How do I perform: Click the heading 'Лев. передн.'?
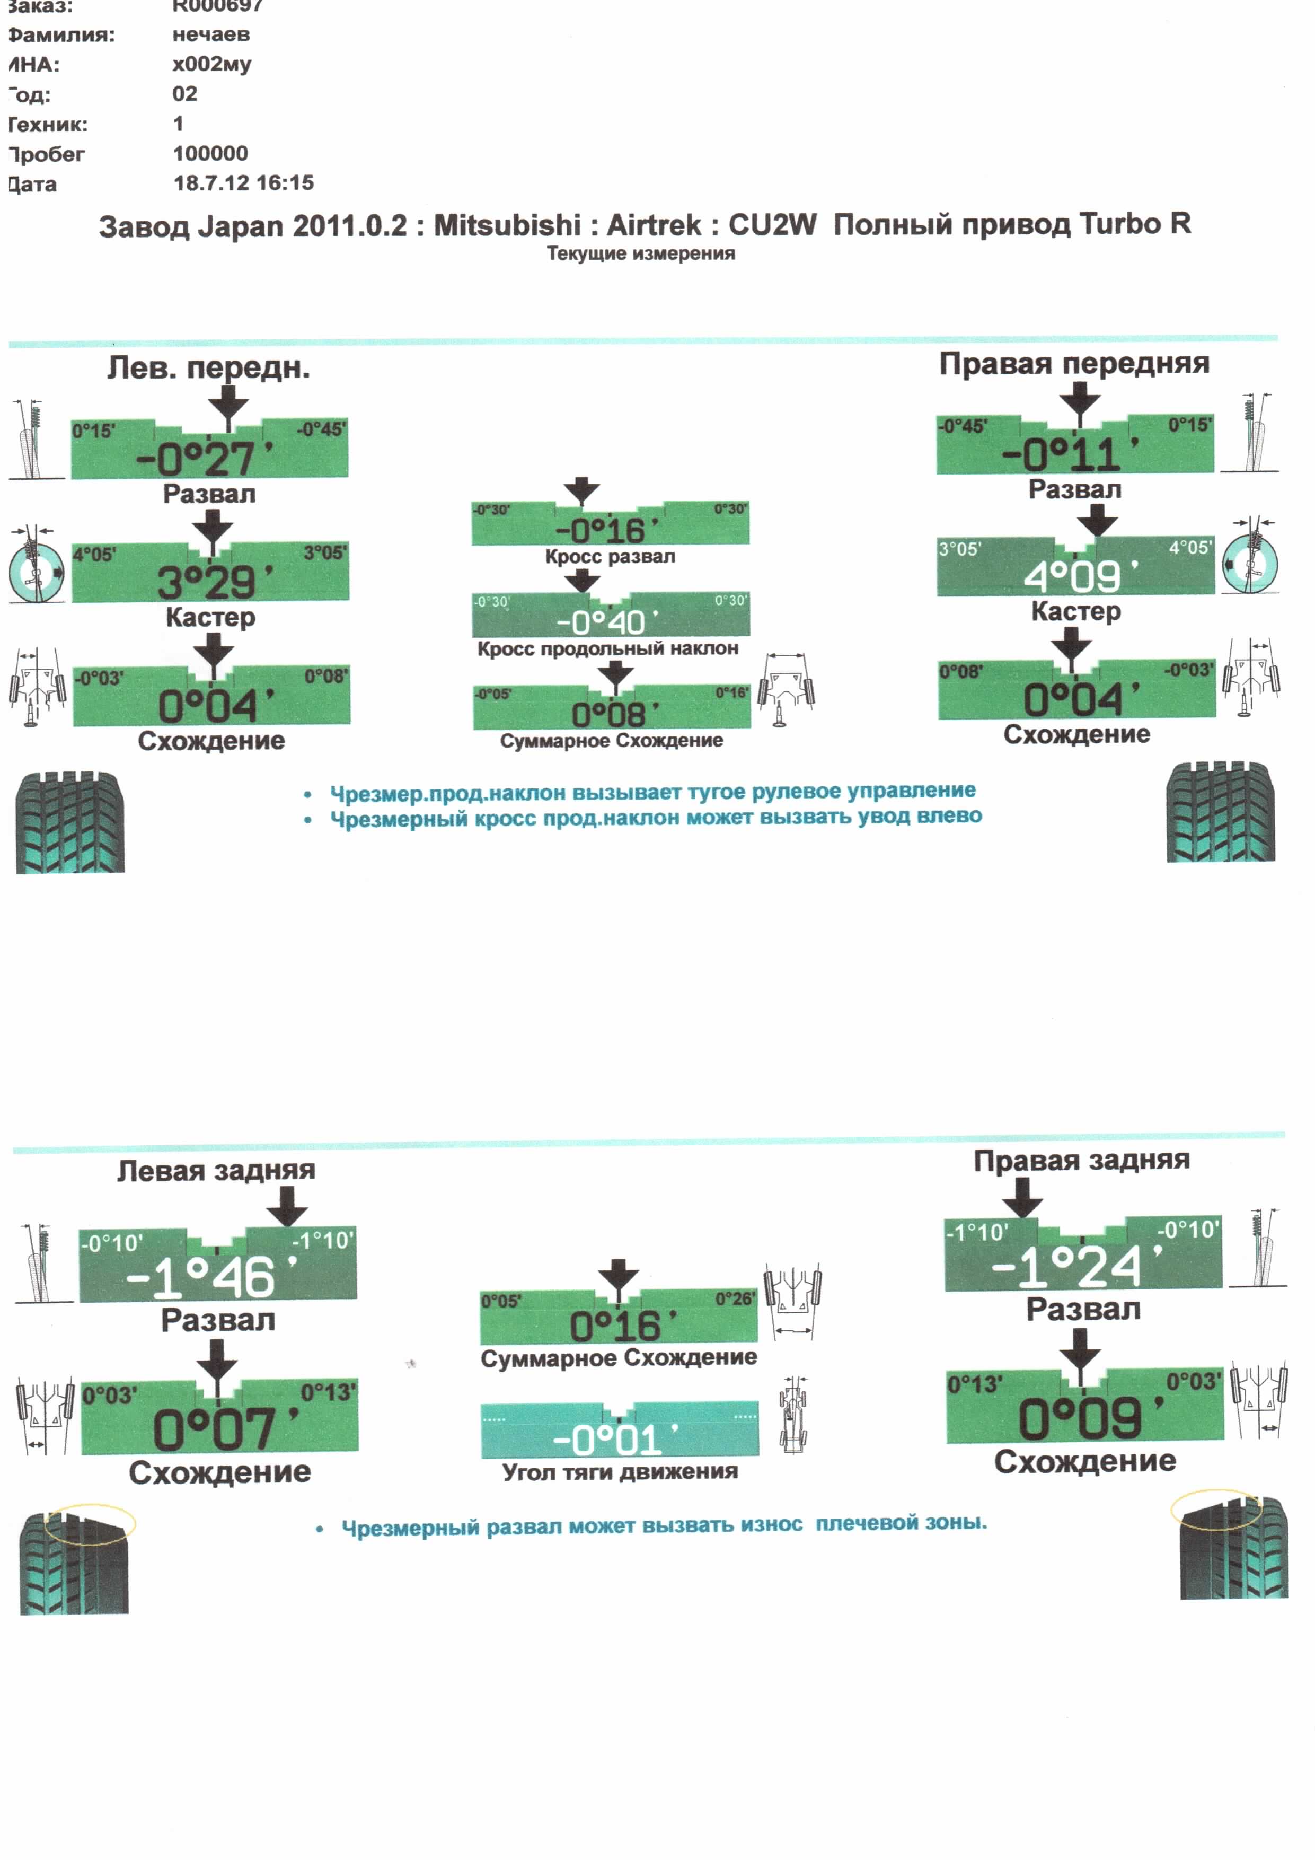point(209,368)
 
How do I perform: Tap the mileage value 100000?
point(210,153)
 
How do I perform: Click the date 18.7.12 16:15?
point(243,182)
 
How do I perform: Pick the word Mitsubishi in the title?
point(507,225)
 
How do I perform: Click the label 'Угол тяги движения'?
point(620,1471)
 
